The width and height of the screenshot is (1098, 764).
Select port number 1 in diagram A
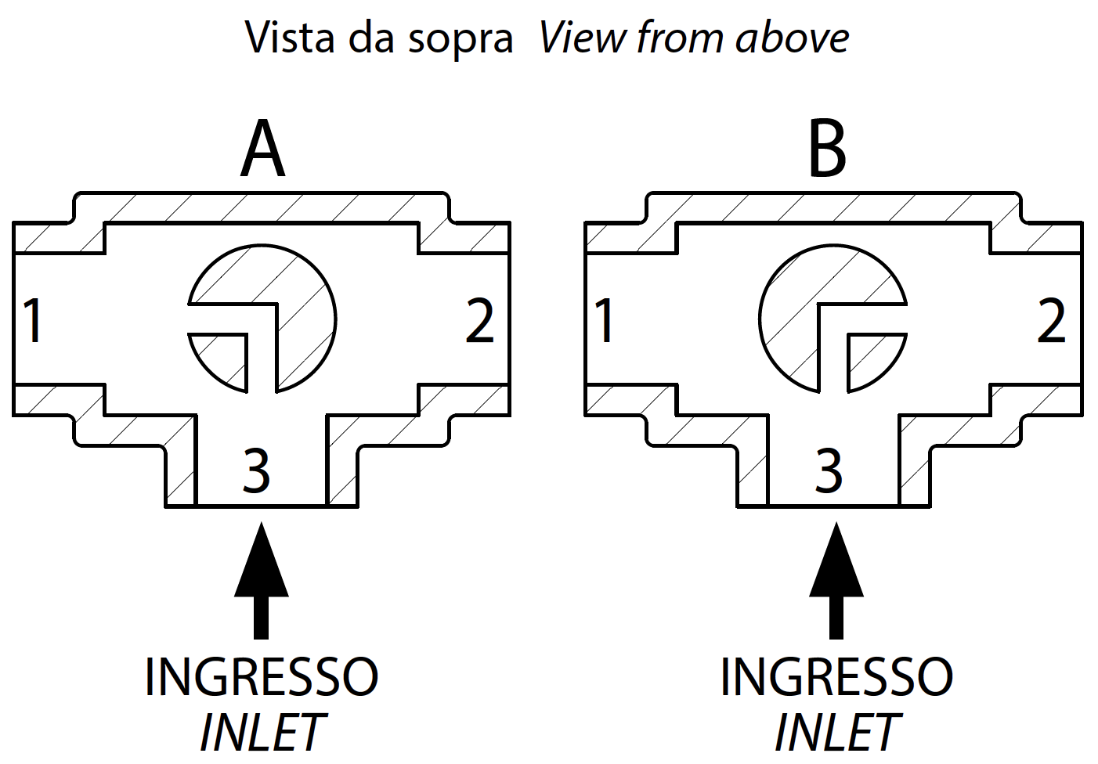[32, 320]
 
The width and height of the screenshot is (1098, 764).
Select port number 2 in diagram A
[480, 320]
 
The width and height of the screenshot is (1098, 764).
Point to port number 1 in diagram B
[604, 320]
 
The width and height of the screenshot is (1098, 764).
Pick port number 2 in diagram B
[1051, 320]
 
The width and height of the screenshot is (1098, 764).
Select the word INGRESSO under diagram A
[262, 676]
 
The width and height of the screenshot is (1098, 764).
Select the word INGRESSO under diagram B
[836, 676]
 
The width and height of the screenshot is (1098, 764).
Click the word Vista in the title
[291, 37]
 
